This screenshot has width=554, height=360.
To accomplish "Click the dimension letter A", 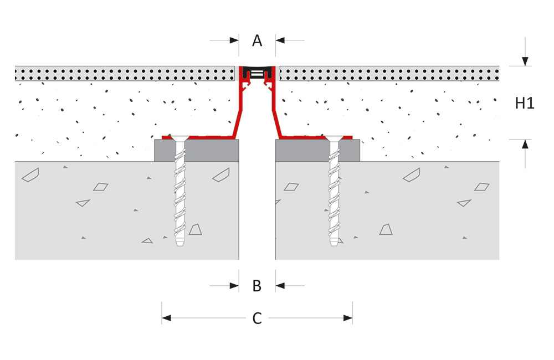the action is coord(257,40).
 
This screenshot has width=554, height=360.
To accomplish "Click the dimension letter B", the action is coord(257,286).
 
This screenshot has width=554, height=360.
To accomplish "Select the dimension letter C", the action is coord(257,318).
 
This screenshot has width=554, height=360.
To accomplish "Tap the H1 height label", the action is coord(525,103).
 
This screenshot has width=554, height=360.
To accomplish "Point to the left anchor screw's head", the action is coord(179,138).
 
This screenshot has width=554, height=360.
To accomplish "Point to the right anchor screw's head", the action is coord(334,138).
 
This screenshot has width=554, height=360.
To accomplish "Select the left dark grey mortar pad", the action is coord(197,151).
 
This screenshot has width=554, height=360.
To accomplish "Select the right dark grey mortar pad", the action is coord(317,151).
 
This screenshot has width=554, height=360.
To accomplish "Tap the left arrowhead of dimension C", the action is coord(166,318).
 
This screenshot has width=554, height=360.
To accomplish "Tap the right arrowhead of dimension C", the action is coord(348,318).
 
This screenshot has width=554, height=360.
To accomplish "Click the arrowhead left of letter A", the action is coord(234,40).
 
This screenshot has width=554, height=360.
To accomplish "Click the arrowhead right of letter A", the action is coord(280,40).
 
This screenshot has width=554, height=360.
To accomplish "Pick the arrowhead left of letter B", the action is coord(234,285).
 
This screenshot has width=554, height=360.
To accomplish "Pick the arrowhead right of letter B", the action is coord(280,285).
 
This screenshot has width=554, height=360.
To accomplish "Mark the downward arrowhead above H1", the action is coord(525,61).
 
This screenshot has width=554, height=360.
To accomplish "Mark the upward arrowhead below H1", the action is coord(525,144).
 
